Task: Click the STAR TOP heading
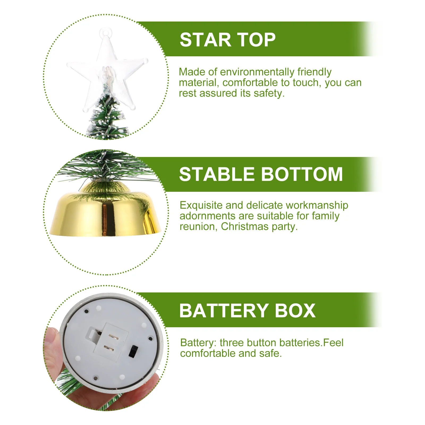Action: click(x=227, y=40)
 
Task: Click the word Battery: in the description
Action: click(x=198, y=343)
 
